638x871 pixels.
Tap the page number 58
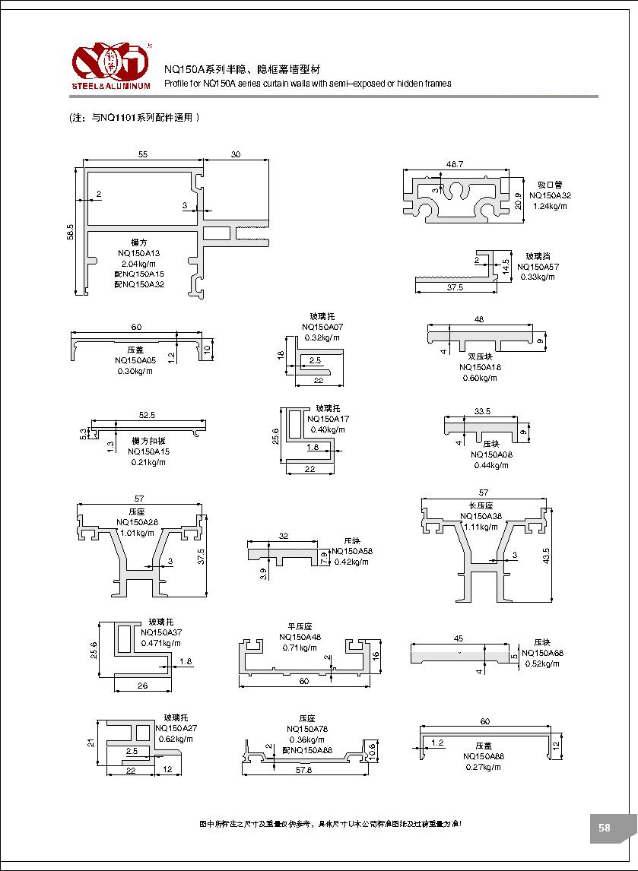pyautogui.click(x=605, y=828)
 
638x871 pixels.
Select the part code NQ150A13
pyautogui.click(x=140, y=252)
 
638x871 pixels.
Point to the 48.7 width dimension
pyautogui.click(x=455, y=165)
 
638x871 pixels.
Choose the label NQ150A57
pyautogui.click(x=538, y=267)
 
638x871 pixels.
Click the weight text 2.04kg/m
pyautogui.click(x=139, y=263)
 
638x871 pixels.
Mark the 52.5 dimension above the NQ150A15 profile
pyautogui.click(x=147, y=415)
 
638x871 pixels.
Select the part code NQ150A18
pyautogui.click(x=481, y=367)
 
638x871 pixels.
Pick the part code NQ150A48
pyautogui.click(x=300, y=637)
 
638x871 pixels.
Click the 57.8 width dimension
pyautogui.click(x=303, y=770)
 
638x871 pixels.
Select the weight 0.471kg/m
pyautogui.click(x=160, y=643)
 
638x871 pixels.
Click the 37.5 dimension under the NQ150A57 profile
pyautogui.click(x=455, y=288)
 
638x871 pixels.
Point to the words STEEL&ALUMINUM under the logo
pyautogui.click(x=111, y=85)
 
